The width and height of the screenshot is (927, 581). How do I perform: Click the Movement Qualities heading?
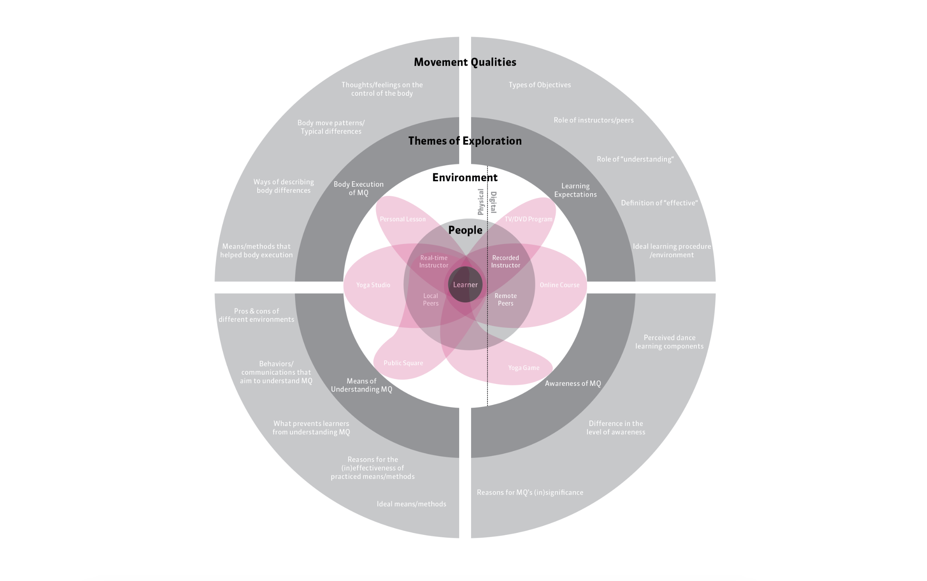465,62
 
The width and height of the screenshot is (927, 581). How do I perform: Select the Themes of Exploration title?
465,141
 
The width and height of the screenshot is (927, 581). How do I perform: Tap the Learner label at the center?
465,285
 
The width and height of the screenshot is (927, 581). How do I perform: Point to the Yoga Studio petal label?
373,285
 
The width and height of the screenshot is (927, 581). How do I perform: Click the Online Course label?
559,285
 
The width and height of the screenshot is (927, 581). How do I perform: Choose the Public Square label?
403,363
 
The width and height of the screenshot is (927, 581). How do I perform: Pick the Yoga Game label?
523,368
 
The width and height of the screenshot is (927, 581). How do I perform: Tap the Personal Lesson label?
402,219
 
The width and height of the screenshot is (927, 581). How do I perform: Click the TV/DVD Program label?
528,219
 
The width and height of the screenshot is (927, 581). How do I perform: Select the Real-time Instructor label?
434,261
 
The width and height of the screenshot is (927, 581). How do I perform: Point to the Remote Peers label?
505,300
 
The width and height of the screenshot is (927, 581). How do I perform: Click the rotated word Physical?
481,202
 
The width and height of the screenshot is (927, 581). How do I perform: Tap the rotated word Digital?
494,202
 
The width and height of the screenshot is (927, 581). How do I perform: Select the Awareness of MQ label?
573,383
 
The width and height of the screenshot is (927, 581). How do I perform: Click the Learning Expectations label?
575,190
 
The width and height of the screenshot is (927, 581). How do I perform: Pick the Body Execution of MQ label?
358,188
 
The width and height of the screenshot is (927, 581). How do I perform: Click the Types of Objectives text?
539,85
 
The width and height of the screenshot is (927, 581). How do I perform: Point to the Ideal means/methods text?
411,504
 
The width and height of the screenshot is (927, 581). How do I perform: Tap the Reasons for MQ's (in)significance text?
530,492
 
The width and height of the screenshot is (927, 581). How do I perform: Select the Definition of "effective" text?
659,203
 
